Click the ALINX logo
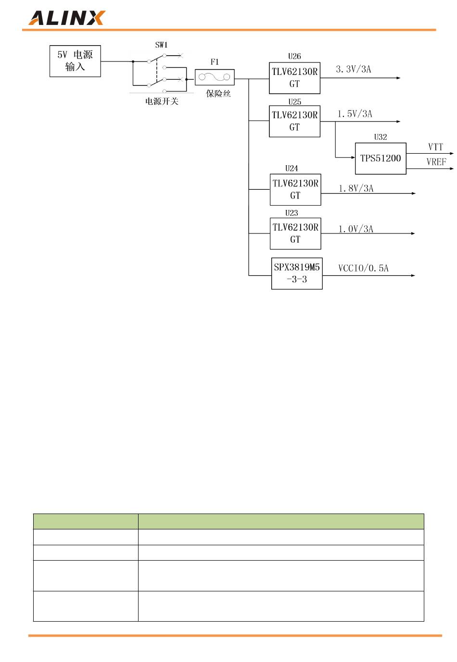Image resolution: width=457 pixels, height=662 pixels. tap(66, 18)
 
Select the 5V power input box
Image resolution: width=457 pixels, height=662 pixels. tap(75, 61)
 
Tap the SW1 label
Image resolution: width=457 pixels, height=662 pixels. tap(161, 45)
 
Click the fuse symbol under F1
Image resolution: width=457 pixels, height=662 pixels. tap(215, 77)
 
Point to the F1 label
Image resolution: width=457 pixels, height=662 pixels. tap(215, 62)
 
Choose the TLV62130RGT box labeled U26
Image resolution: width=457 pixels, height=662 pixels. tap(294, 78)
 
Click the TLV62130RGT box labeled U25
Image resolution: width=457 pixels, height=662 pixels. tap(294, 122)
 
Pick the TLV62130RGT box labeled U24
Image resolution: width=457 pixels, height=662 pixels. tap(295, 190)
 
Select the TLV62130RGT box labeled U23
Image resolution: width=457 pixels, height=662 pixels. tap(295, 233)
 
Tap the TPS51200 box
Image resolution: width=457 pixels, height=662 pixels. tap(381, 158)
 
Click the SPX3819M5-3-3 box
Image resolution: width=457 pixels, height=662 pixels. tap(297, 274)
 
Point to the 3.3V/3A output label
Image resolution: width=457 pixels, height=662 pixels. tap(354, 70)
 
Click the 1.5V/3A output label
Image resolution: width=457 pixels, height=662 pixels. tap(355, 114)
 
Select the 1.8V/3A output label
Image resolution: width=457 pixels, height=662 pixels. tap(356, 189)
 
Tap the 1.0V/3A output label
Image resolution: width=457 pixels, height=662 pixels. tap(356, 229)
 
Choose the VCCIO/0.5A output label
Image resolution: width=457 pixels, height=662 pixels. tap(363, 269)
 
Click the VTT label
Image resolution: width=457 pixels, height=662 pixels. tap(435, 147)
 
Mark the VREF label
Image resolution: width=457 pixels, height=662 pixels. tap(436, 162)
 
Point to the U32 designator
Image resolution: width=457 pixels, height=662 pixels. tap(381, 137)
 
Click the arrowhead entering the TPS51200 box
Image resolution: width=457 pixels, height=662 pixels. tap(353, 158)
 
